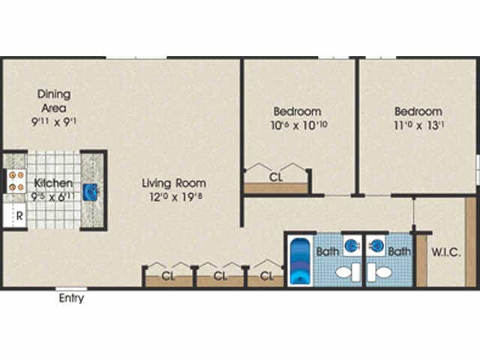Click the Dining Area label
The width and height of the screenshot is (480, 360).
tap(55, 101)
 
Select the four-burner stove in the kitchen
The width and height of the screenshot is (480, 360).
tap(16, 180)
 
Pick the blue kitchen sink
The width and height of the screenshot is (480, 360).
tap(90, 193)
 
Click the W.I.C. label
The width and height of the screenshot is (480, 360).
tap(445, 252)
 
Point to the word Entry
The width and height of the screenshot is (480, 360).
tap(71, 298)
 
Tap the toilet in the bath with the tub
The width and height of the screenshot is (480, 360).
tap(346, 273)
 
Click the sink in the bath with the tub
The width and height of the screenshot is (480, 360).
tap(350, 244)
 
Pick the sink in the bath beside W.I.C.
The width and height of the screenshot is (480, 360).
tap(378, 244)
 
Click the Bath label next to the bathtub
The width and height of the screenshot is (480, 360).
tap(327, 252)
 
